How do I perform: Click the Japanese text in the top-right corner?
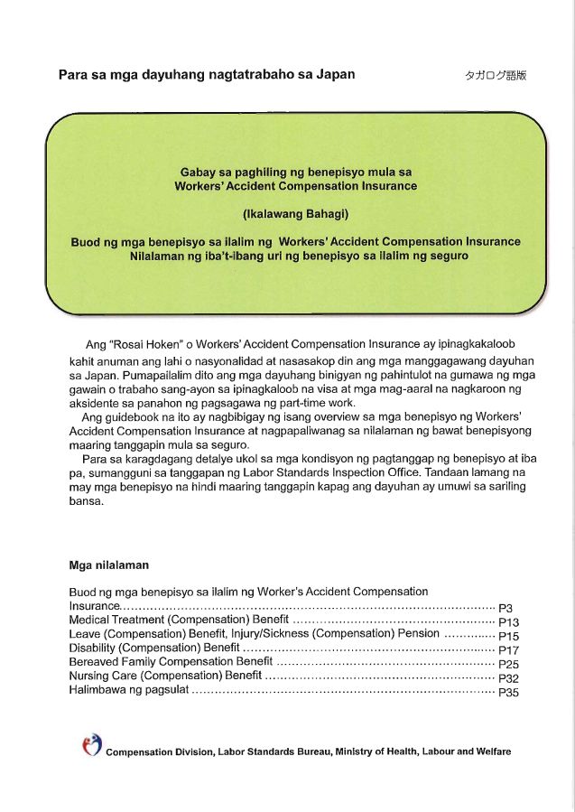tap(496, 77)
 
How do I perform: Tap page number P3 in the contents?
tap(505, 608)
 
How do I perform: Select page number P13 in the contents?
tap(508, 622)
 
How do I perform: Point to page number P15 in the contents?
tap(508, 637)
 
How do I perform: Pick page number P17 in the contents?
tap(508, 650)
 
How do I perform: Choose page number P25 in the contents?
tap(508, 665)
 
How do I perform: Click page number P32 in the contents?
tap(508, 678)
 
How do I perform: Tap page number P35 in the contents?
tap(508, 693)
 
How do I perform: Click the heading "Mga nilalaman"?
tap(109, 565)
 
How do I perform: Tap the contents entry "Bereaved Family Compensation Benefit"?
tap(171, 662)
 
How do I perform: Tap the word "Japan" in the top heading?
tap(333, 74)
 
